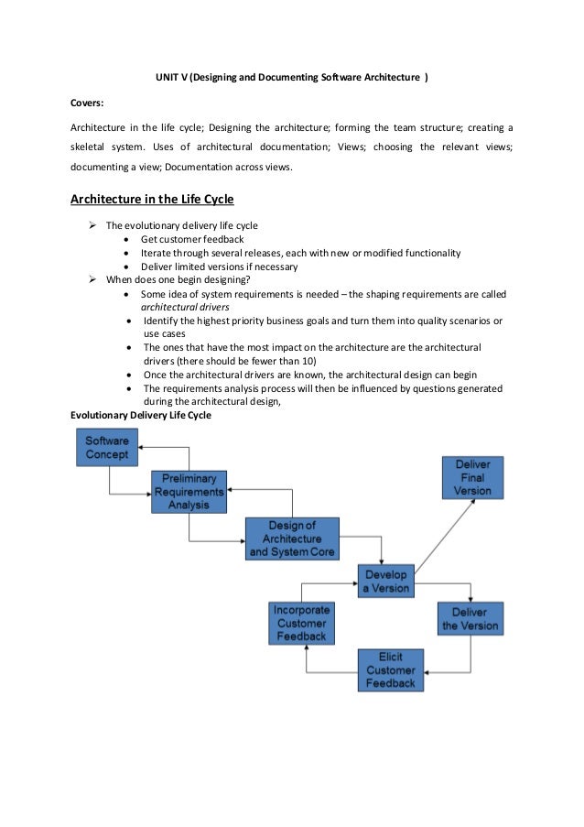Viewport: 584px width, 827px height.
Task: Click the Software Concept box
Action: click(x=107, y=448)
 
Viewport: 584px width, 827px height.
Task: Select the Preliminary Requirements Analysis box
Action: click(x=189, y=492)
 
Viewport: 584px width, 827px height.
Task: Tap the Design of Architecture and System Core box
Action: click(x=292, y=539)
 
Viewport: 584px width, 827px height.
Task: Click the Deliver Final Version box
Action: click(x=472, y=477)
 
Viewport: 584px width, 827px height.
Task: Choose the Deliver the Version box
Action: click(x=470, y=619)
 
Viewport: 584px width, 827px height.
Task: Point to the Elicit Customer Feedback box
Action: click(x=390, y=670)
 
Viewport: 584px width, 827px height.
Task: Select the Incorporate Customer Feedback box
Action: click(x=301, y=623)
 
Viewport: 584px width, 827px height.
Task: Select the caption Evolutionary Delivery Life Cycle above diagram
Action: click(x=141, y=415)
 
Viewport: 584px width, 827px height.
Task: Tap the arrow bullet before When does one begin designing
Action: click(x=92, y=280)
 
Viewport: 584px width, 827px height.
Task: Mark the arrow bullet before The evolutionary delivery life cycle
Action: click(x=92, y=225)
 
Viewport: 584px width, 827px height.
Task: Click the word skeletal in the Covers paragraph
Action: click(x=90, y=147)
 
